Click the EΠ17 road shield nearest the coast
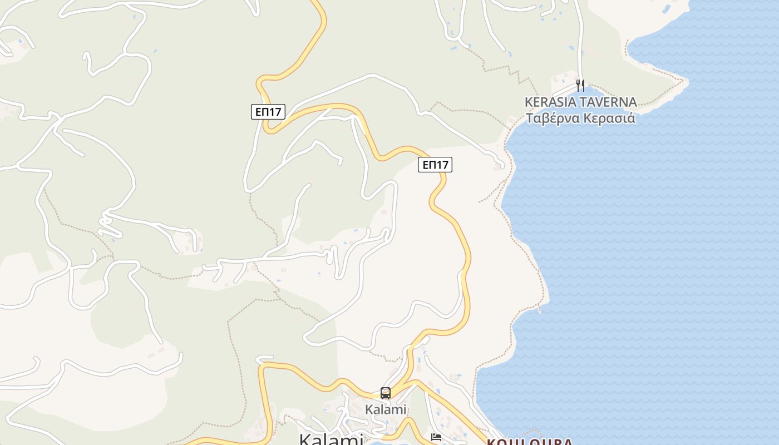pyautogui.click(x=435, y=165)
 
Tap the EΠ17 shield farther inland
pyautogui.click(x=268, y=112)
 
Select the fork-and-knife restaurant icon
pyautogui.click(x=580, y=85)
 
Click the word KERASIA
pyautogui.click(x=550, y=102)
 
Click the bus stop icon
pyautogui.click(x=386, y=393)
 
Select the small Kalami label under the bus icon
pyautogui.click(x=386, y=409)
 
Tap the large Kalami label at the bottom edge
pyautogui.click(x=331, y=438)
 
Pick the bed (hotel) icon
pyautogui.click(x=436, y=437)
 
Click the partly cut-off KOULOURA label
pyautogui.click(x=529, y=442)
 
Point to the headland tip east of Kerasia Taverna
pyautogui.click(x=688, y=82)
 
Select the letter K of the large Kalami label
pyautogui.click(x=307, y=439)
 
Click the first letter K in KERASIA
pyautogui.click(x=529, y=102)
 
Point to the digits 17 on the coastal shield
pyautogui.click(x=442, y=165)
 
